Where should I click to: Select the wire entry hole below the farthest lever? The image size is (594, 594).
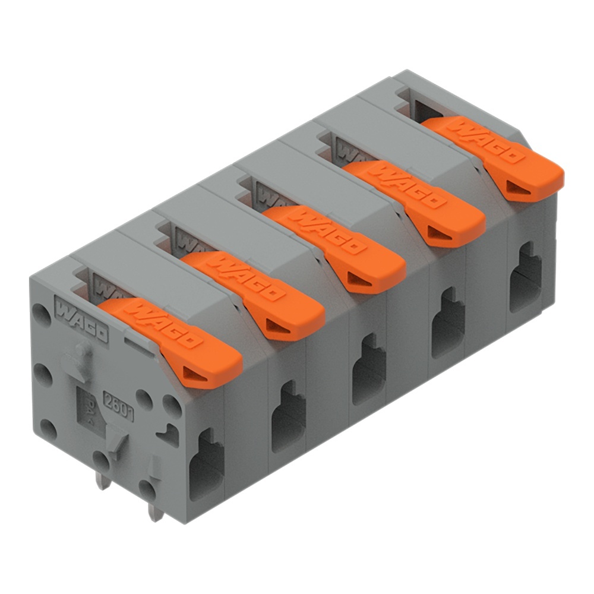(x=526, y=277)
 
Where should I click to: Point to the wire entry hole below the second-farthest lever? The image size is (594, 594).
(x=447, y=323)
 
